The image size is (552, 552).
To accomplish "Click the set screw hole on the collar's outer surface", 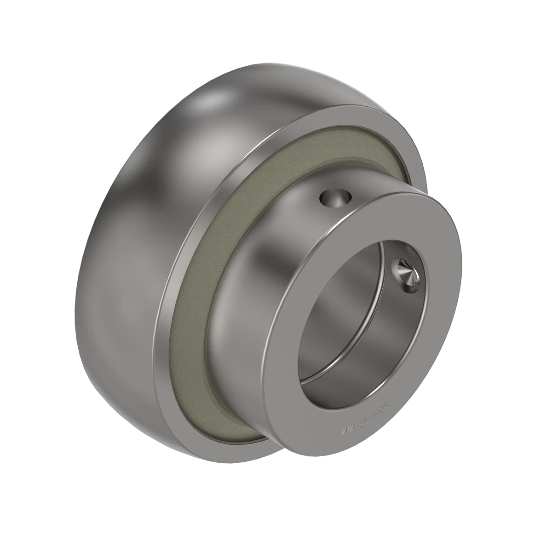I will (335, 199).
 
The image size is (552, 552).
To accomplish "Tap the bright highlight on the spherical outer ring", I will (212, 106).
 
